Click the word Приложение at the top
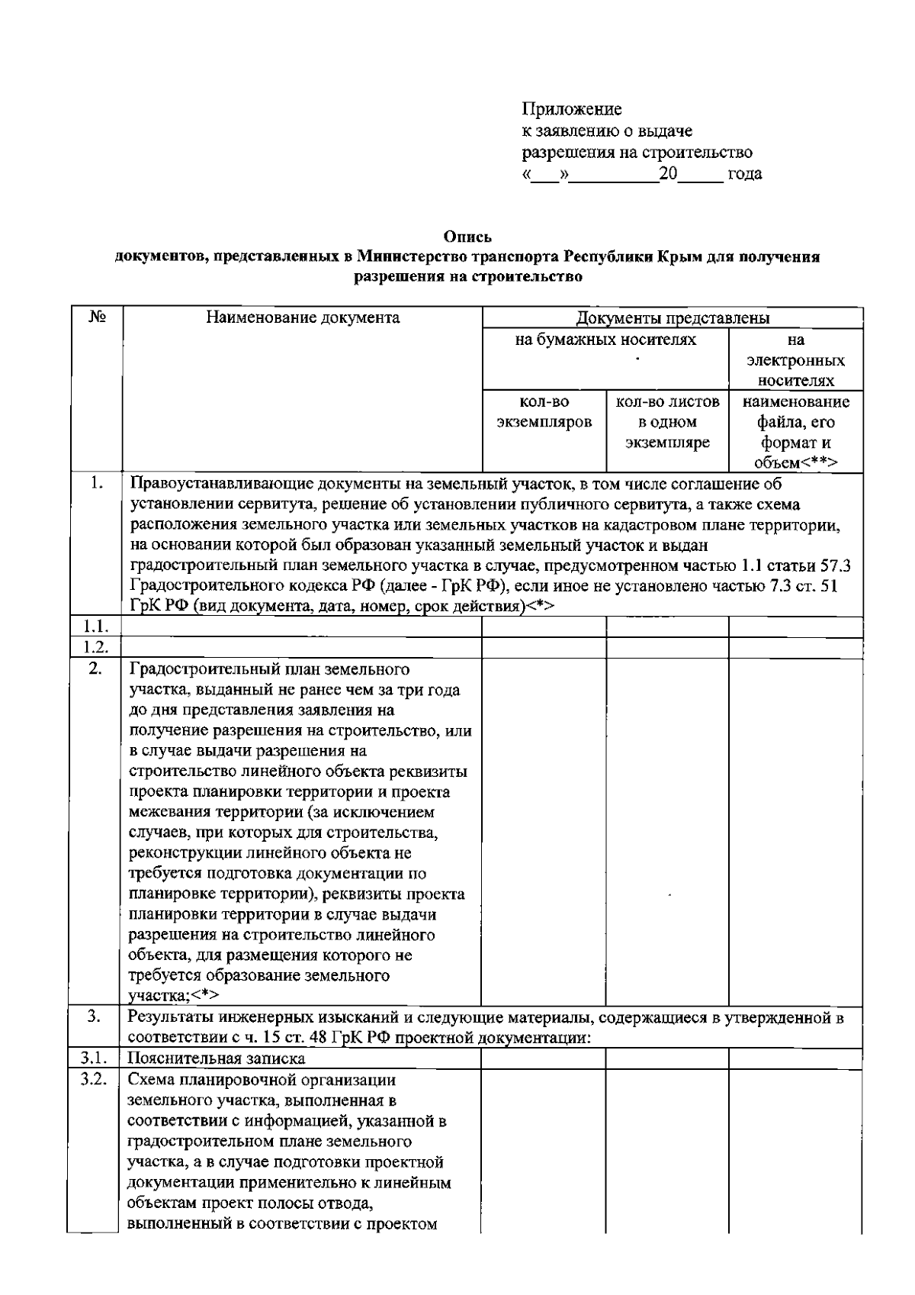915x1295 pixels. [571, 110]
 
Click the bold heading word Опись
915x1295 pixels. [468, 237]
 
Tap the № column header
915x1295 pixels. [95, 317]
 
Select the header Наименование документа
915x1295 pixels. [303, 317]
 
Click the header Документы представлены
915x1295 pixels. [673, 318]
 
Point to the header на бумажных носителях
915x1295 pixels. [605, 340]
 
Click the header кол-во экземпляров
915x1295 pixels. [544, 412]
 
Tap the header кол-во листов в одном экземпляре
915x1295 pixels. [667, 422]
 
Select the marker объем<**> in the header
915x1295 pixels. [795, 463]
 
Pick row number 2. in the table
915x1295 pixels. [95, 669]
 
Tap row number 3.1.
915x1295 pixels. [95, 1058]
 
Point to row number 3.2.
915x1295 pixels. [95, 1080]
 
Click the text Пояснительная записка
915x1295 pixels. [217, 1058]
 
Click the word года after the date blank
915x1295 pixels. [744, 174]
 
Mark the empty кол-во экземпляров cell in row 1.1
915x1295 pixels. [544, 627]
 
